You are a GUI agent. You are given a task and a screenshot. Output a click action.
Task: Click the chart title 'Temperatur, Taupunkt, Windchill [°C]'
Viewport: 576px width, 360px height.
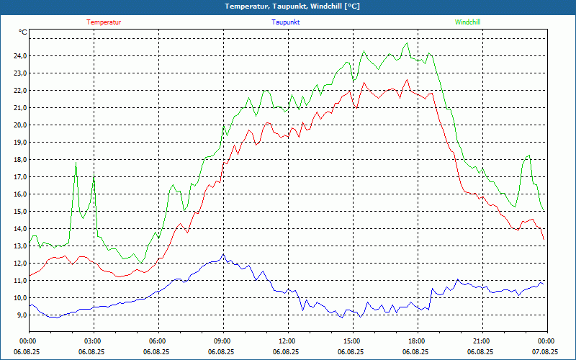[x=287, y=6]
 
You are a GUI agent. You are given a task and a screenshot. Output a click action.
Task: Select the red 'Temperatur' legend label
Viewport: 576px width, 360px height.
[x=104, y=22]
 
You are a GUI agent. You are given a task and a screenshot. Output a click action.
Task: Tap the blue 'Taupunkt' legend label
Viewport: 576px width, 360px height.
[x=286, y=22]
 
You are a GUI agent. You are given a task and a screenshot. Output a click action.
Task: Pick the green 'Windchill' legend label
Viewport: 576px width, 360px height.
[x=467, y=22]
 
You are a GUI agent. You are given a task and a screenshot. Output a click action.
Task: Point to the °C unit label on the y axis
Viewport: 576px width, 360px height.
[x=23, y=32]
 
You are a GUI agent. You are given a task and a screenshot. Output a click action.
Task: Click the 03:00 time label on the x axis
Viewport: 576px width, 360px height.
[x=93, y=341]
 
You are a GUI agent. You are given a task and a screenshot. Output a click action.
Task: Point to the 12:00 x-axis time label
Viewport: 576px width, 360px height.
[x=287, y=341]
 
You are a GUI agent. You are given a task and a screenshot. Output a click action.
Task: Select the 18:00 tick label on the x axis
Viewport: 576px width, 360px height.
[x=417, y=341]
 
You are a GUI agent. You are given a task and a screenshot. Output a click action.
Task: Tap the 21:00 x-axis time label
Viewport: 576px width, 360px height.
[x=482, y=341]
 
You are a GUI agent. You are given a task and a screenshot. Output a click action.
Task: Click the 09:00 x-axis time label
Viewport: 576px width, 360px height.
[x=222, y=341]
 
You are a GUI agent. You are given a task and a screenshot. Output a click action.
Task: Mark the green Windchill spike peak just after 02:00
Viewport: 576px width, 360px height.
[x=76, y=163]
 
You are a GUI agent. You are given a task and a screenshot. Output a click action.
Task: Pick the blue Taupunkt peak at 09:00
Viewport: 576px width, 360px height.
[x=223, y=254]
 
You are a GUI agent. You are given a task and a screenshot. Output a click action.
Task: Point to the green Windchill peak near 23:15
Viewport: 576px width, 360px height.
[x=529, y=155]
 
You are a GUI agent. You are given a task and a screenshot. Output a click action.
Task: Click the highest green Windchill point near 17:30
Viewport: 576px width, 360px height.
[x=407, y=43]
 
